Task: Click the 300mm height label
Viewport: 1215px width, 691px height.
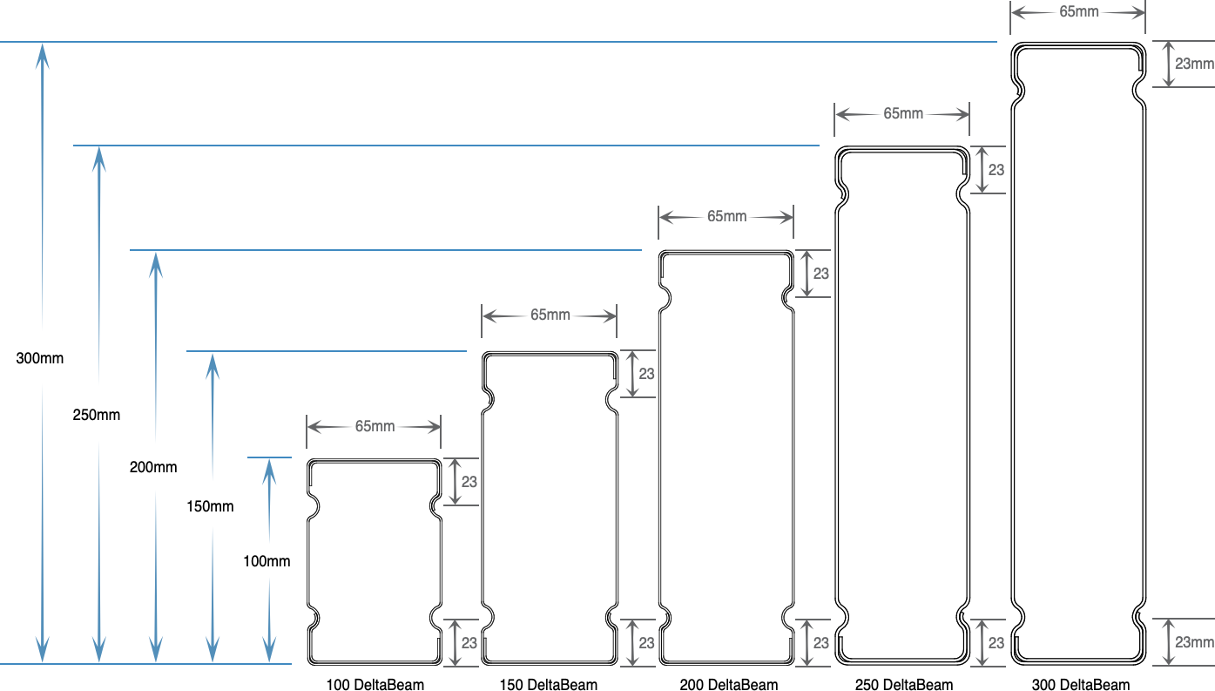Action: coord(39,358)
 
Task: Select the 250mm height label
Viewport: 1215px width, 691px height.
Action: coord(97,415)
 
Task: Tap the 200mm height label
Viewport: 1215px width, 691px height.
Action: coord(153,467)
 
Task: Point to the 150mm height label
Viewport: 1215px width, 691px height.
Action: coord(210,506)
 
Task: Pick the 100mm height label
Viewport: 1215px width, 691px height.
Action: coord(267,560)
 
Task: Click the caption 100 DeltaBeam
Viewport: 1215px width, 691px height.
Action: coord(375,685)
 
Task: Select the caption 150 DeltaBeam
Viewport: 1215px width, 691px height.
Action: coord(549,685)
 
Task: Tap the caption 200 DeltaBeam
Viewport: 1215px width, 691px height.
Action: coord(728,685)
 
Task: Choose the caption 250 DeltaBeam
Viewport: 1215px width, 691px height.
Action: coord(904,685)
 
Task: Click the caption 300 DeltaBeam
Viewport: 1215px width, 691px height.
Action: coord(1081,685)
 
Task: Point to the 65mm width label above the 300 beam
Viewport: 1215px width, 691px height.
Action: coord(1079,11)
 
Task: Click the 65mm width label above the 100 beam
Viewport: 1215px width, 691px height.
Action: coord(375,426)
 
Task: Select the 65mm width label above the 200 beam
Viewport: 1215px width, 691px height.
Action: coord(727,216)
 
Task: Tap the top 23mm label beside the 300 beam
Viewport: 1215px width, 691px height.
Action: coord(1194,64)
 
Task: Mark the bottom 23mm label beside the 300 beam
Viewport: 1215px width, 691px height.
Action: coord(1194,642)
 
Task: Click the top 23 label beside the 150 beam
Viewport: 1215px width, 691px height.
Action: coord(646,374)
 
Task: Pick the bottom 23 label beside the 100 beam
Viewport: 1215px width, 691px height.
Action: coord(469,643)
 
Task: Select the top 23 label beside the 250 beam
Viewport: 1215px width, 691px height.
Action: coord(996,170)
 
